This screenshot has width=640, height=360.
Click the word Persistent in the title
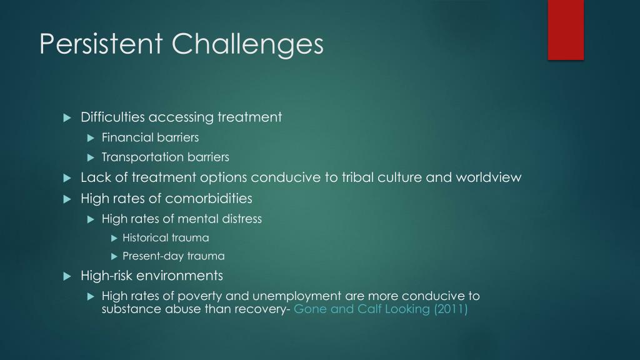(101, 44)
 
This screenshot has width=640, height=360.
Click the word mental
(197, 219)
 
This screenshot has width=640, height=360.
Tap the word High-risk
(107, 276)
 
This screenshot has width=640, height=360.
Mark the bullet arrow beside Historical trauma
(114, 238)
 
